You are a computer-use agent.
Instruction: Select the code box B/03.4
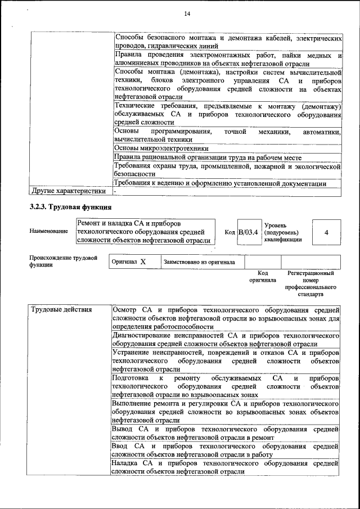click(x=248, y=232)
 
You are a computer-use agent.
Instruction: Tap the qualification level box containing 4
click(x=326, y=232)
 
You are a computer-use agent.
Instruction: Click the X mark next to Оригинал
click(x=143, y=262)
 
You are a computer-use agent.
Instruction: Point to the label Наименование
click(x=49, y=231)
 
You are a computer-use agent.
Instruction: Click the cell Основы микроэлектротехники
click(x=157, y=148)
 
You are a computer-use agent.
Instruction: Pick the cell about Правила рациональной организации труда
click(x=208, y=157)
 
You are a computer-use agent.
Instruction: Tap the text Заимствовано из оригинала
click(x=200, y=262)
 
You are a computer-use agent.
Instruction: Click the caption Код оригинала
click(x=263, y=277)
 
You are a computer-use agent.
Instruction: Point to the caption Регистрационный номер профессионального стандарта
click(x=310, y=283)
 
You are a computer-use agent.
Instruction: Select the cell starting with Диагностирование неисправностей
click(x=225, y=339)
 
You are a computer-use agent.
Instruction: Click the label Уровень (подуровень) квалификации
click(x=282, y=232)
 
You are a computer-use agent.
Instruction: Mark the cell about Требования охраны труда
click(x=227, y=170)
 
